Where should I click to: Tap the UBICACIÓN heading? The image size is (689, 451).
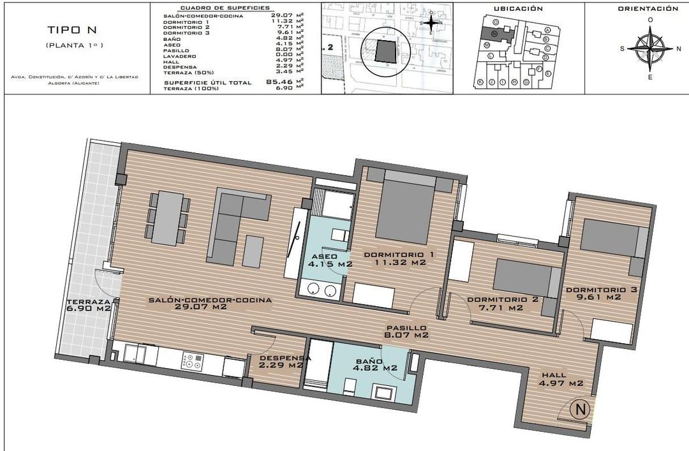(518, 9)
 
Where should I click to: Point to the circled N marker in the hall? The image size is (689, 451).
(579, 407)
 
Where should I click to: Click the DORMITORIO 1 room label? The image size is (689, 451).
(399, 258)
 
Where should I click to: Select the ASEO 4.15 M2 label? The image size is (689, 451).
(330, 258)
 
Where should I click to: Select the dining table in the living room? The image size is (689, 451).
(168, 218)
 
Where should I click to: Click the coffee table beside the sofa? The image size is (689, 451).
(254, 251)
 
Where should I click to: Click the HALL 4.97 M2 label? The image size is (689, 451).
(561, 379)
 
